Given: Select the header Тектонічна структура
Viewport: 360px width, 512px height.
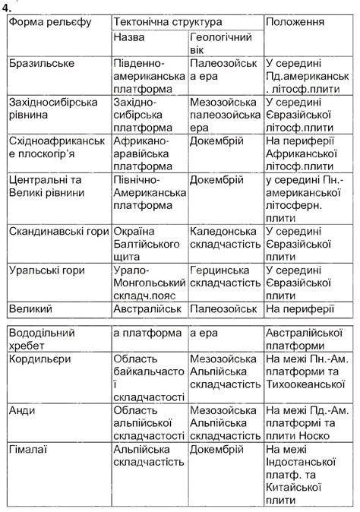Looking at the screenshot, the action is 168,21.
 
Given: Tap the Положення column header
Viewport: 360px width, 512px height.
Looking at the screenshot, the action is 296,21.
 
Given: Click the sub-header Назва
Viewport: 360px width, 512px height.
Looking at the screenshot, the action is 128,37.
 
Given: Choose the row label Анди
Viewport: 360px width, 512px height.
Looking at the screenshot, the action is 22,410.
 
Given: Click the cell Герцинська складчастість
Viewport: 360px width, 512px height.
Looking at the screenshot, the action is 225,277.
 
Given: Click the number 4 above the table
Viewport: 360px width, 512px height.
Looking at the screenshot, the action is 6,6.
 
